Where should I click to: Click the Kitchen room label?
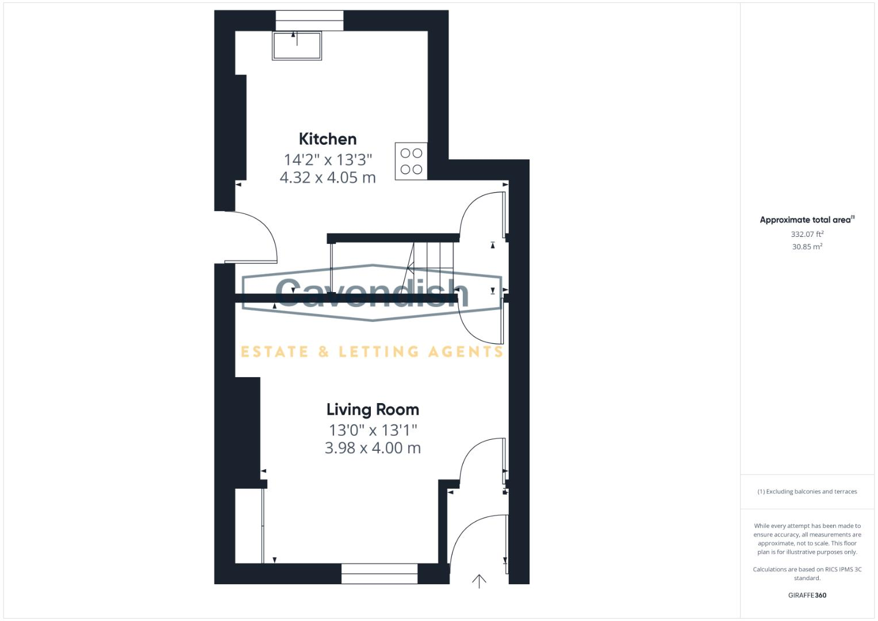point(327,139)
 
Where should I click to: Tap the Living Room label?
point(373,409)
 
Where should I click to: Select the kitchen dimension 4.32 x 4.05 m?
point(327,178)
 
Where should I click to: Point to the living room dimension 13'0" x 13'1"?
point(373,430)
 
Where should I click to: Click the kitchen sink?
point(297,46)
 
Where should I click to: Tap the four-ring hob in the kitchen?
point(411,161)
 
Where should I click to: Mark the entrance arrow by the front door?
point(479,581)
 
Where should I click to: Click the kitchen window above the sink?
point(309,21)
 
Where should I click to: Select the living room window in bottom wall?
point(379,574)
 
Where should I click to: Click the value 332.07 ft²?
point(807,234)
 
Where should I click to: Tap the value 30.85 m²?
point(807,247)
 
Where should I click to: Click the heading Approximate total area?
point(806,220)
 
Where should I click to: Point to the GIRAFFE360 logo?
point(807,595)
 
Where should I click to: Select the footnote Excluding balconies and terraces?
point(807,492)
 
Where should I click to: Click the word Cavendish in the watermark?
point(372,293)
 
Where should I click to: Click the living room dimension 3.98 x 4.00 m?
point(373,448)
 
